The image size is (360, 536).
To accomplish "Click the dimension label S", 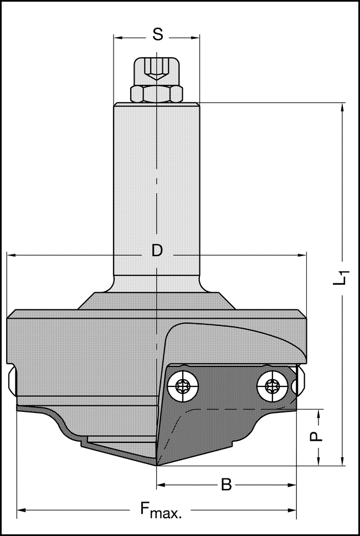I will tap(157, 35).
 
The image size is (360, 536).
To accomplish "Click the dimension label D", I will tap(157, 251).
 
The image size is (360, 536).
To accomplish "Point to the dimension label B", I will tap(226, 485).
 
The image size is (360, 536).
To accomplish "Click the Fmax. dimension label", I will tap(160, 509).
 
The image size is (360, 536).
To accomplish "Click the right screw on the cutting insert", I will tap(273, 386).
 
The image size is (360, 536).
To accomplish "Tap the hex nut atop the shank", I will tap(157, 94).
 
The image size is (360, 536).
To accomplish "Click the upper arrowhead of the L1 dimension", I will tap(343, 107).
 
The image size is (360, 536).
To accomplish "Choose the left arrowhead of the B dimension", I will tap(162, 486).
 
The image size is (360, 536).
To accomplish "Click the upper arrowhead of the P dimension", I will tap(320, 413).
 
